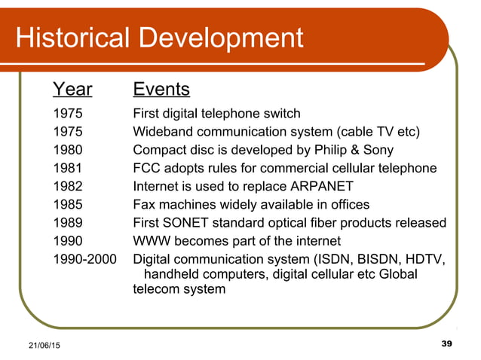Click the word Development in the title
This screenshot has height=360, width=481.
coord(222,37)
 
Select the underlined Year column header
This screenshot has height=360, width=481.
coord(72,90)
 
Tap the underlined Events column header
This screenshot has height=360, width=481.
coord(161,90)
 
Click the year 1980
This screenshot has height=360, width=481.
coord(69,150)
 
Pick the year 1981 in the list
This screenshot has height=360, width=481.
coord(69,168)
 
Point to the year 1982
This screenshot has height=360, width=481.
coord(69,186)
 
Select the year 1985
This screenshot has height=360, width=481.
coord(69,204)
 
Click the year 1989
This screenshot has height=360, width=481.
coord(69,223)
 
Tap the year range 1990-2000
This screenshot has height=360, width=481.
coord(86,259)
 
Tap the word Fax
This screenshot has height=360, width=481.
coord(146,204)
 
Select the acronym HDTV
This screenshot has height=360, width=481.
coord(424,259)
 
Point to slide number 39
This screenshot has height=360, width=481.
coord(445,344)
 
